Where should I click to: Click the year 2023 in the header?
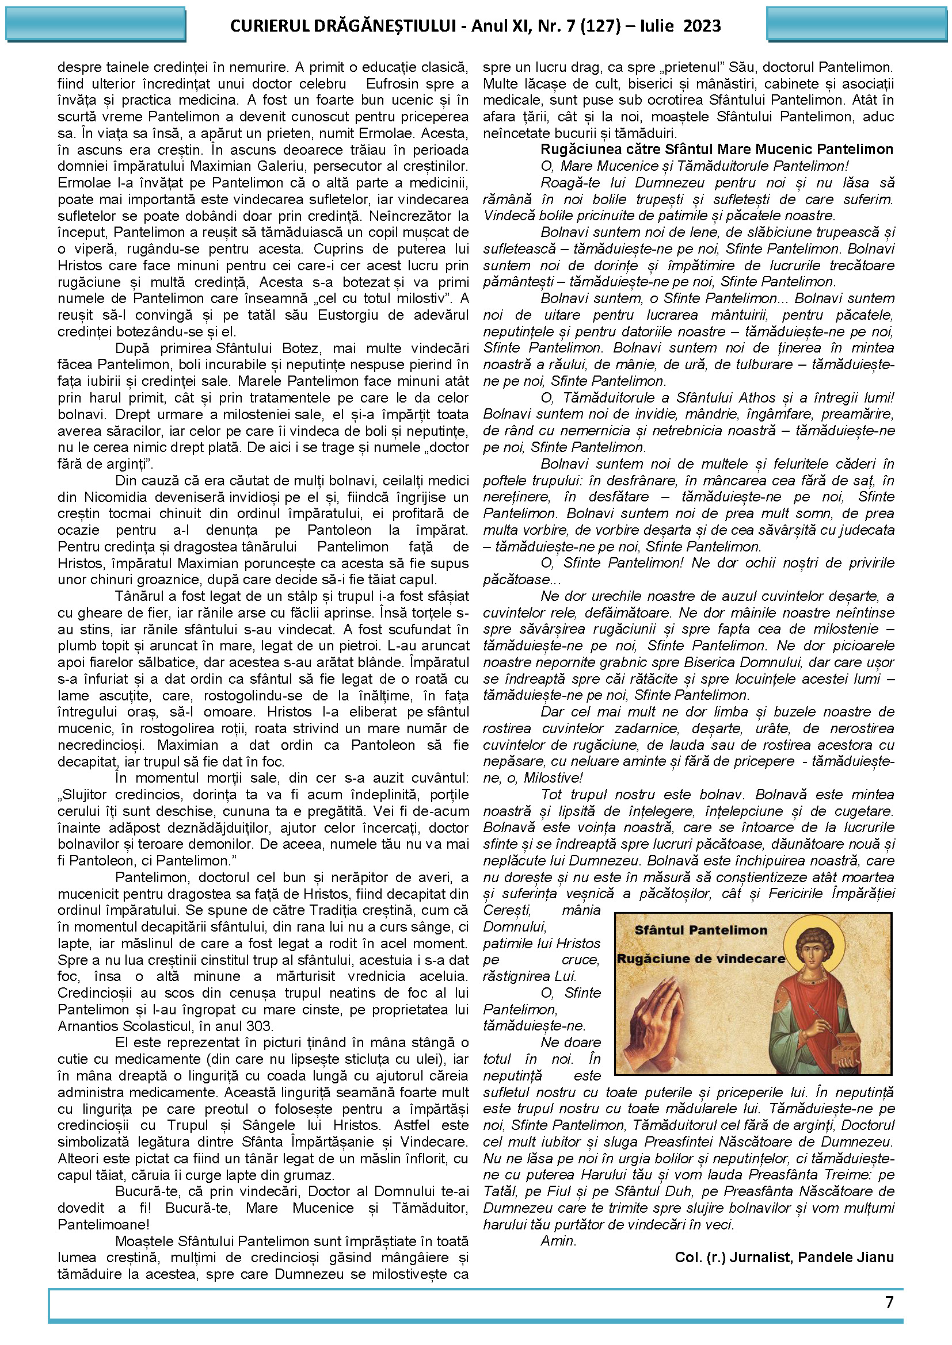pyautogui.click(x=702, y=26)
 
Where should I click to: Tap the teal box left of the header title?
pyautogui.click(x=96, y=25)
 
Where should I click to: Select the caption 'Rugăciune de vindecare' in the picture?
pyautogui.click(x=700, y=959)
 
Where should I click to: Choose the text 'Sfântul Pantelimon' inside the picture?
pyautogui.click(x=700, y=930)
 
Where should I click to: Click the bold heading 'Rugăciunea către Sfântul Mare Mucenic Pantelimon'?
pyautogui.click(x=717, y=150)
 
